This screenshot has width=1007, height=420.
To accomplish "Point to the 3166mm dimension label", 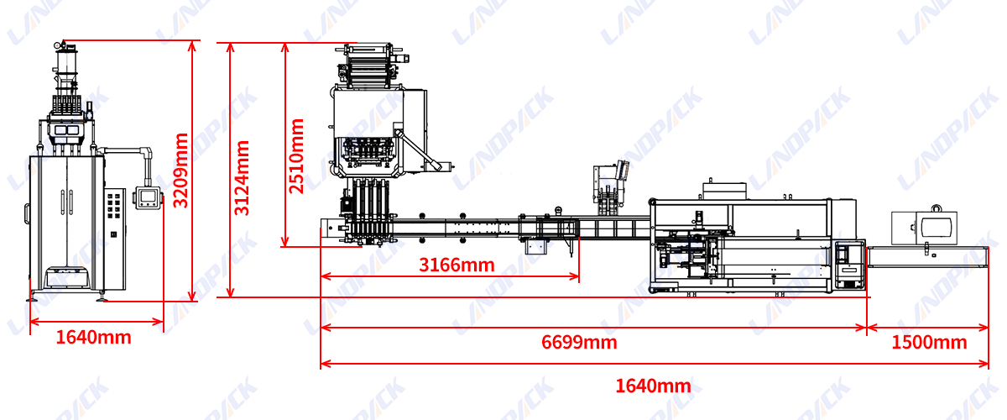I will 457,265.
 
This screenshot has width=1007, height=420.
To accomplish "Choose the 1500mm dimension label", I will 929,342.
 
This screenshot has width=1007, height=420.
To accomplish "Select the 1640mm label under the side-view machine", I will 93,338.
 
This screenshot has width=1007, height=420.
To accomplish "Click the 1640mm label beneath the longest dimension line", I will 653,386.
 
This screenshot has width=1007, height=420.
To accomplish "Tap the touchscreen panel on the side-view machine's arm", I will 149,197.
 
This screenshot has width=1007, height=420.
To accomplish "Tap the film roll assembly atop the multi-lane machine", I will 369,62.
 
